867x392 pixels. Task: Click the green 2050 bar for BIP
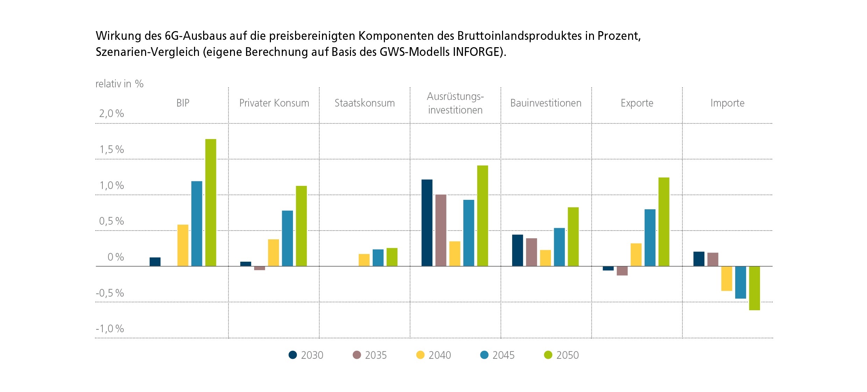(211, 203)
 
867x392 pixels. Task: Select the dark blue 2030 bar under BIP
(155, 262)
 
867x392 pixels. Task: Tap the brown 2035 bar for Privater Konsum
(259, 268)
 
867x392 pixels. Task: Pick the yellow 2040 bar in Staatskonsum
(364, 260)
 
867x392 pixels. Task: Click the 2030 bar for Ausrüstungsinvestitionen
(427, 223)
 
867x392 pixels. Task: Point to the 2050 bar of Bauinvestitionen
(573, 237)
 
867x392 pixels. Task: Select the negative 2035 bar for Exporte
(622, 271)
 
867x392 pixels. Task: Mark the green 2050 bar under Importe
(754, 288)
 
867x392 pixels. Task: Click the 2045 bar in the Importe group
(740, 282)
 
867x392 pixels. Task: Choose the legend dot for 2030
(293, 355)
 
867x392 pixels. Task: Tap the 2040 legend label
(439, 355)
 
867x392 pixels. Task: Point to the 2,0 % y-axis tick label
(112, 114)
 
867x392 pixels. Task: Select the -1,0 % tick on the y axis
(110, 329)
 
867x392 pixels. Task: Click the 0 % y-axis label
(115, 257)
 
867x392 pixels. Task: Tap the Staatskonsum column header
(364, 103)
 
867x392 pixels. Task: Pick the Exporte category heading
(637, 103)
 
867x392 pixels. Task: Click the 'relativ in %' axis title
(119, 84)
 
